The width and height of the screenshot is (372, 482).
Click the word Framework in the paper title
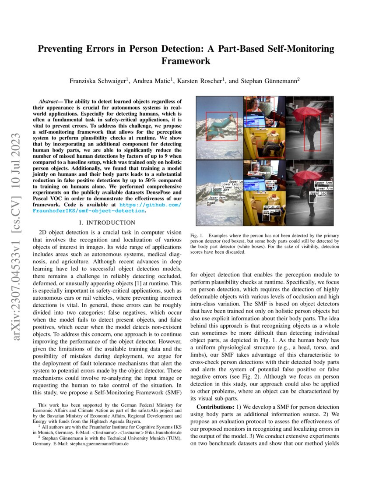click(x=186, y=61)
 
